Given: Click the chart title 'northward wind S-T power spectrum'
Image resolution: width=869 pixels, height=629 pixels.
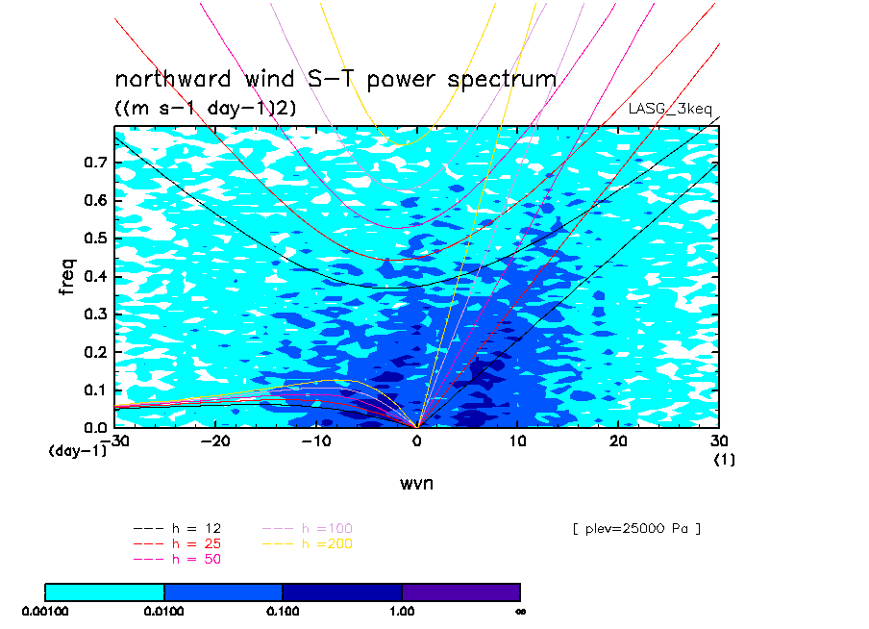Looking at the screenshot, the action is (x=335, y=79).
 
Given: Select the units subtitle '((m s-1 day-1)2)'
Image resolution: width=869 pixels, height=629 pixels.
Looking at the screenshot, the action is (x=206, y=107).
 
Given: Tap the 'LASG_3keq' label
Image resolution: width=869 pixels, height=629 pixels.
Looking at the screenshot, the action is (x=670, y=109).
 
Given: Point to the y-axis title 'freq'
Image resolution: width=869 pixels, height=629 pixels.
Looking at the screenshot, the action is (x=66, y=276).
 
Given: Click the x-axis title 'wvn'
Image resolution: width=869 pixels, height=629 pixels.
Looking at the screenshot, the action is (x=416, y=483).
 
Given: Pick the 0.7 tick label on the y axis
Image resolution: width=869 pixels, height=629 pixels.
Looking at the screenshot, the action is (x=95, y=163).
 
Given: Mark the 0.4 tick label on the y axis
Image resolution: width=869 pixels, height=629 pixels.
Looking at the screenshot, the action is (x=95, y=276).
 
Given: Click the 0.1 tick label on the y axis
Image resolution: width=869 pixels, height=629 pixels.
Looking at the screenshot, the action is (x=95, y=390).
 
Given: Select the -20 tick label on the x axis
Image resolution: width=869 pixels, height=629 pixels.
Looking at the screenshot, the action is (x=215, y=440).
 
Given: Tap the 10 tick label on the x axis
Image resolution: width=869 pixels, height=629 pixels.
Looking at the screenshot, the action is (x=517, y=440).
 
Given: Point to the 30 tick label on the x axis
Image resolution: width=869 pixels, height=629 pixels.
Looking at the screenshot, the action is (x=719, y=440).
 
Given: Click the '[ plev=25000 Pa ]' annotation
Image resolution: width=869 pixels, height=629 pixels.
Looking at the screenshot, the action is (x=636, y=529).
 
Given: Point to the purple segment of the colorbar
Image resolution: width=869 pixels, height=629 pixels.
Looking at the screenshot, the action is (x=461, y=592).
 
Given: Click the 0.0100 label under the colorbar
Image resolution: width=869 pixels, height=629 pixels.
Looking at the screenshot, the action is (x=164, y=612).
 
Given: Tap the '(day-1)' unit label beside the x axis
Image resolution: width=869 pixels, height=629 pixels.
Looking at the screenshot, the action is (x=77, y=451).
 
